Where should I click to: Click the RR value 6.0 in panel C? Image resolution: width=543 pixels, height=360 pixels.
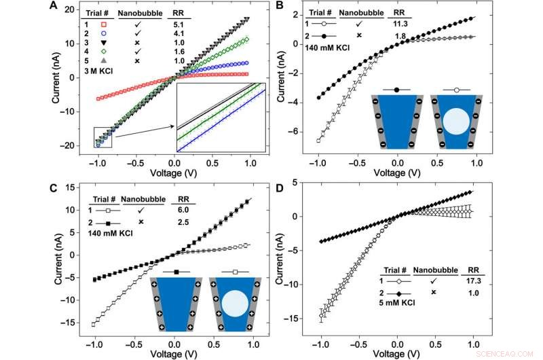185,211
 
